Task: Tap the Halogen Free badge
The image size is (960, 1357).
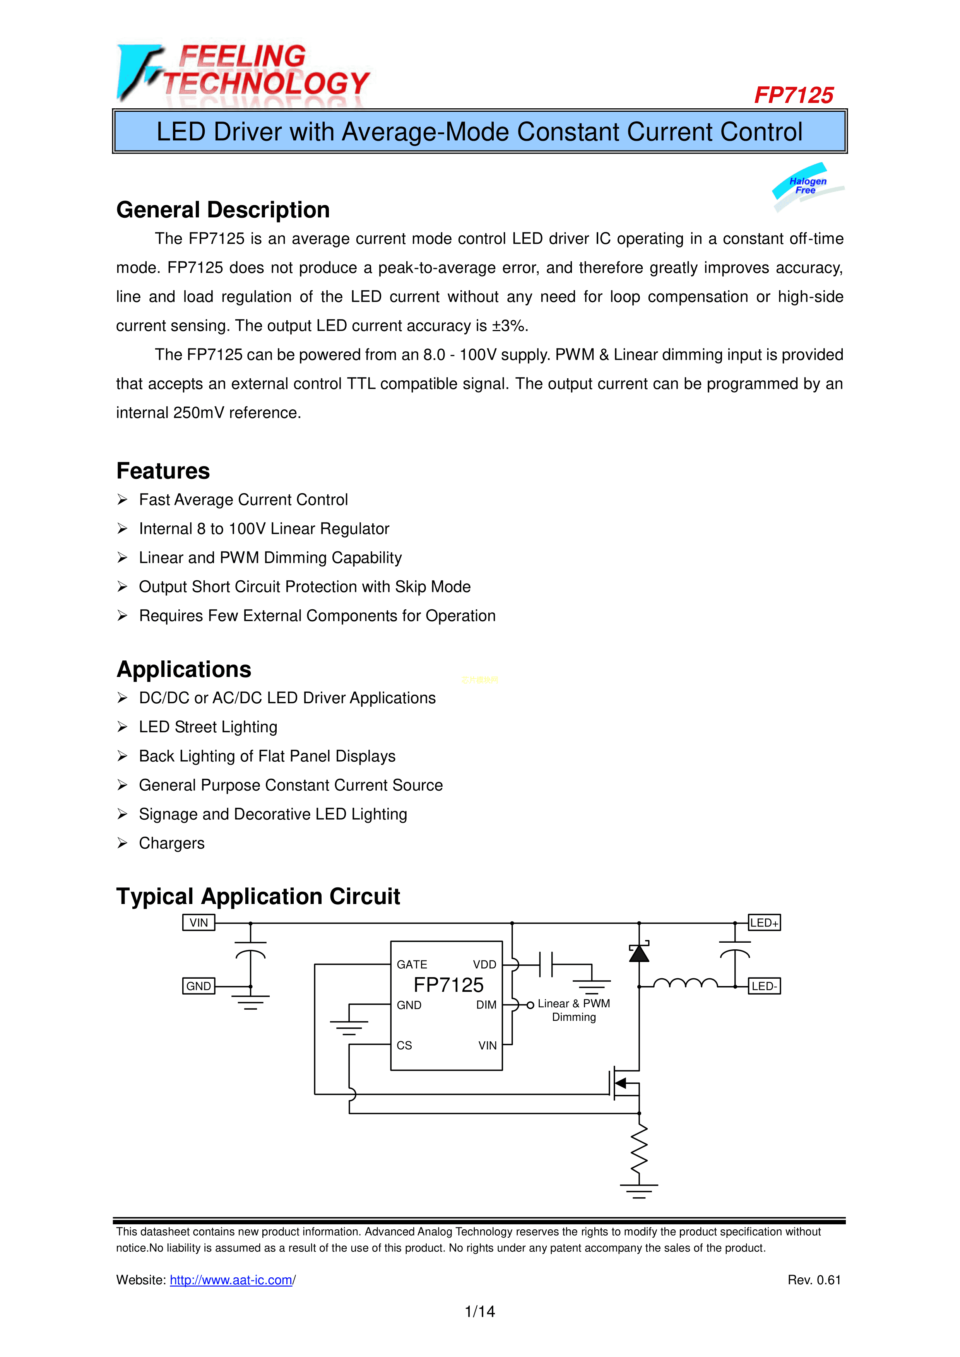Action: [x=808, y=186]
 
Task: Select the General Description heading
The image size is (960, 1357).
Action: [x=223, y=210]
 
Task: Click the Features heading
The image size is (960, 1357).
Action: [x=163, y=471]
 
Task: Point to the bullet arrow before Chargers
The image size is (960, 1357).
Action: [x=122, y=843]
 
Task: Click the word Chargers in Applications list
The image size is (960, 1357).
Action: [x=171, y=843]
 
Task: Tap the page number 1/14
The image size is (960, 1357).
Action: [x=479, y=1311]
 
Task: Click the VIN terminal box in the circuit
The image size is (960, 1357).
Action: [x=199, y=923]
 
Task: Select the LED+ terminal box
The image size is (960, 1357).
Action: [x=764, y=923]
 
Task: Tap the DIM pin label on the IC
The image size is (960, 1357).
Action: [x=486, y=1005]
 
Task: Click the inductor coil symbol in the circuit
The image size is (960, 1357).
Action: [x=685, y=983]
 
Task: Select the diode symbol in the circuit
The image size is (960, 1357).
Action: [x=638, y=953]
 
